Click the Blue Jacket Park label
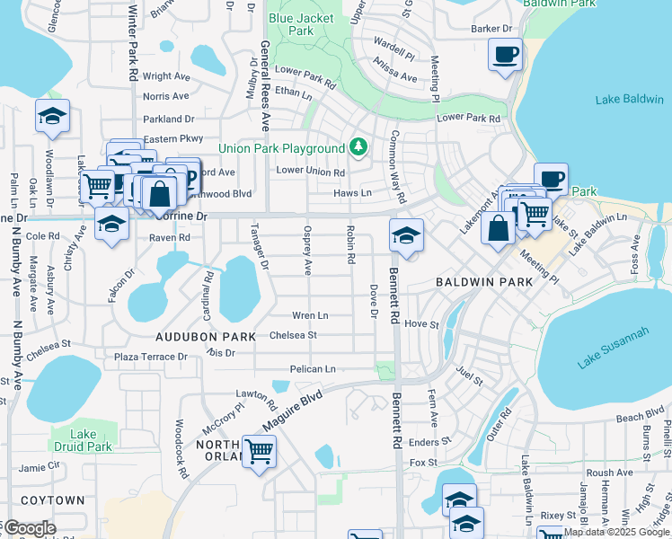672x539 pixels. click(x=301, y=24)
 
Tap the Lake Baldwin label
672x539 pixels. click(x=629, y=99)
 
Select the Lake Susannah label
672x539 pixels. click(x=614, y=349)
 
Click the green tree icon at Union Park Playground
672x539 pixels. click(x=358, y=146)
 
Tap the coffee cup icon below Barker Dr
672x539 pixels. click(x=505, y=54)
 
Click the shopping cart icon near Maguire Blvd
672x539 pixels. click(x=259, y=450)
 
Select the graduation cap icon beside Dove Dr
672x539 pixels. click(x=406, y=236)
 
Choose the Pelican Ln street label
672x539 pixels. click(x=312, y=369)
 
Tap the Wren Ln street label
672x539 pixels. click(x=309, y=315)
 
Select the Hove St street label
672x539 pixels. click(x=420, y=323)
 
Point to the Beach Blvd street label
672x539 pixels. click(x=640, y=418)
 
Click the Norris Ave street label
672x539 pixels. click(x=165, y=96)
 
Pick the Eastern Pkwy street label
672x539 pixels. click(x=173, y=138)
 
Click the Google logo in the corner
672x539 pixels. click(x=29, y=529)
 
